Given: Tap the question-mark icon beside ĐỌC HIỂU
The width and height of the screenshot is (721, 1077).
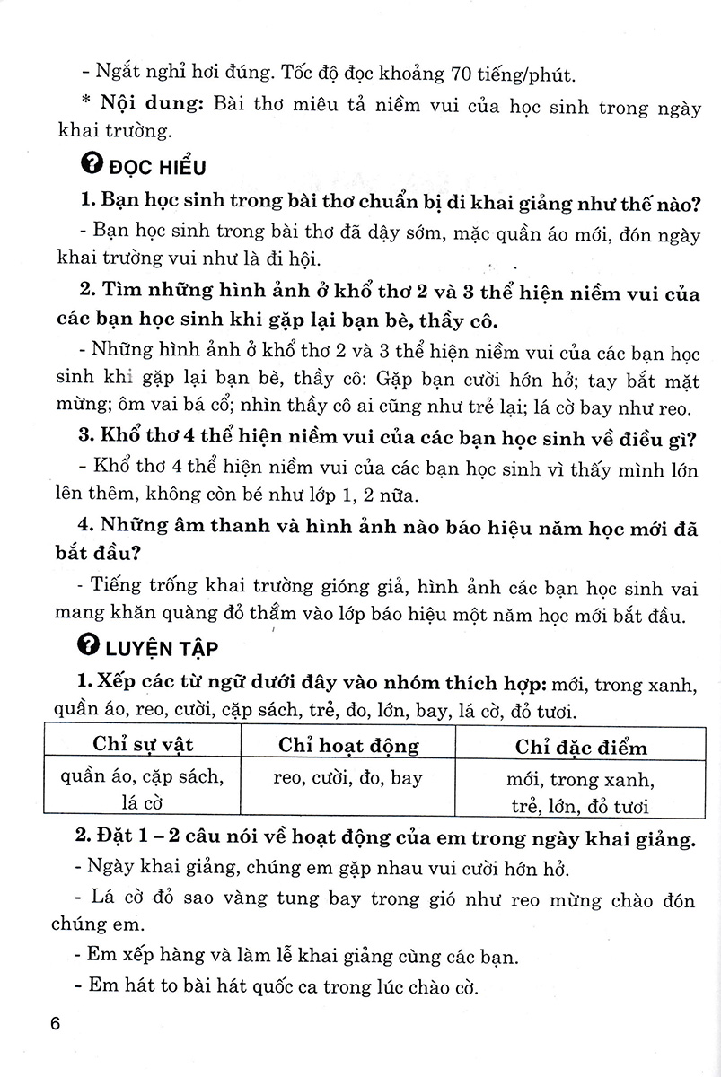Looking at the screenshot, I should (89, 165).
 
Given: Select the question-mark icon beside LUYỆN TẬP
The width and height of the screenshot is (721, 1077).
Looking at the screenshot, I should (89, 646).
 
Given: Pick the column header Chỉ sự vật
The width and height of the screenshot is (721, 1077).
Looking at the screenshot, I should (144, 745).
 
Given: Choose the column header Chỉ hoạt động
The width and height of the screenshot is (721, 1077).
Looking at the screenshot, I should (348, 745).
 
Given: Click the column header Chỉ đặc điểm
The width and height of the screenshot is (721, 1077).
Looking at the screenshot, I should (581, 746).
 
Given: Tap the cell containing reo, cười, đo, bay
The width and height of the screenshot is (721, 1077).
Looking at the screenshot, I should (347, 778).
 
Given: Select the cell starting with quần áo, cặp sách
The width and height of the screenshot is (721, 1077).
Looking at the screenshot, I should (144, 790).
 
